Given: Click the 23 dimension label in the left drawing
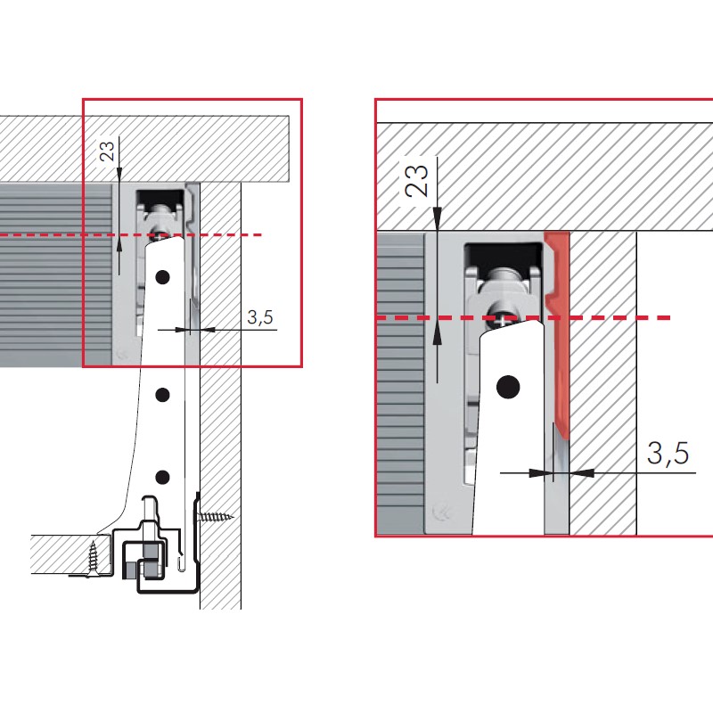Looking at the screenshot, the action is point(107,151).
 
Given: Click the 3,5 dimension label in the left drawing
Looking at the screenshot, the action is point(260,317).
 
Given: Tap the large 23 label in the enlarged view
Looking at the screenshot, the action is point(416,181).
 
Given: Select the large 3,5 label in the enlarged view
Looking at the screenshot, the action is point(668,454).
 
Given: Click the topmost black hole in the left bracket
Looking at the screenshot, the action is point(162,277).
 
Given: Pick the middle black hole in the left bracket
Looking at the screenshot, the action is point(162,395).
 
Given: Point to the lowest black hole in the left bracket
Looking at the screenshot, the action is point(162,477).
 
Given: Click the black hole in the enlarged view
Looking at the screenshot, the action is point(508,387).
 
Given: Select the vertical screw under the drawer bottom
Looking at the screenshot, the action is point(94,558).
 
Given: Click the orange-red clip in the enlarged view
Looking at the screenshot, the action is point(558,334).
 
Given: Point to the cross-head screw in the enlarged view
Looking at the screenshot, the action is point(502,322).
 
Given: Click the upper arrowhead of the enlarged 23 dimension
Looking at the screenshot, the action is point(437,218).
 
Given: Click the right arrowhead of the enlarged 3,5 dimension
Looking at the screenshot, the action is point(582,473).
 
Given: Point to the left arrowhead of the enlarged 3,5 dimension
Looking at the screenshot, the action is point(541,473).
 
